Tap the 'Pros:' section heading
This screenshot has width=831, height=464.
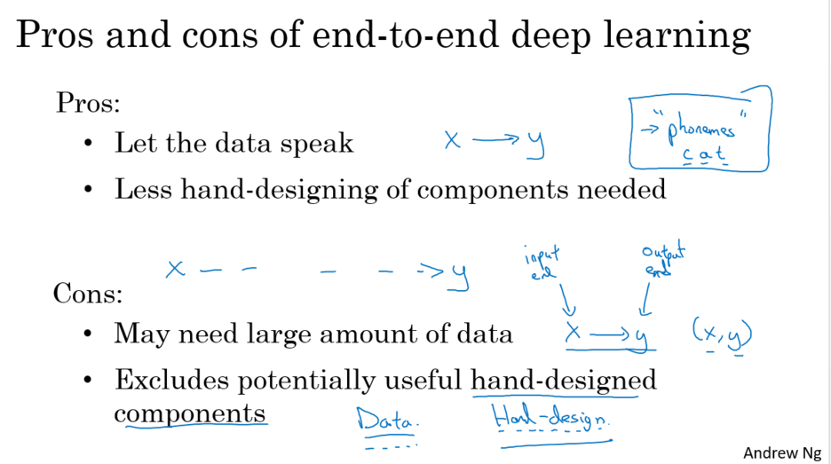click(x=88, y=103)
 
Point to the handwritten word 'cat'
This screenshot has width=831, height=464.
click(x=703, y=155)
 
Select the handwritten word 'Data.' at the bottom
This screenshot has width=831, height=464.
click(x=387, y=420)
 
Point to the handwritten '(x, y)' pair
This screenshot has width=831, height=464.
click(x=722, y=334)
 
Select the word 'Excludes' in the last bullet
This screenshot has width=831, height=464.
click(x=171, y=381)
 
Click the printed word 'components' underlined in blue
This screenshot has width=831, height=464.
click(x=189, y=413)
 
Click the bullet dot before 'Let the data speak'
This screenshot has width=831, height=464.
click(x=89, y=143)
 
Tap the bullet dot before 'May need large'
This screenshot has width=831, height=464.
click(x=89, y=334)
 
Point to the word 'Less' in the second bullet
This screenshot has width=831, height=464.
click(x=138, y=190)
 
